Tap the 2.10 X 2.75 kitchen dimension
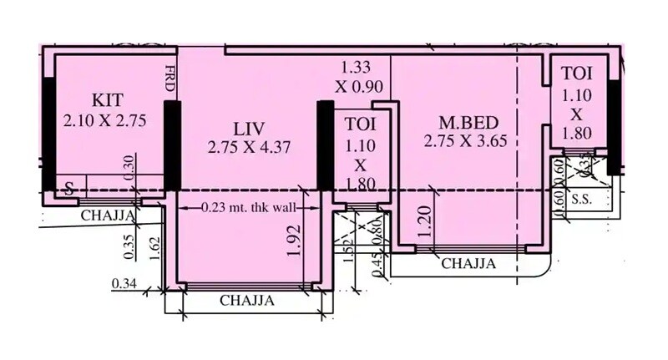pyautogui.click(x=104, y=120)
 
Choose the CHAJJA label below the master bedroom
pyautogui.click(x=468, y=263)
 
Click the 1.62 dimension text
pyautogui.click(x=154, y=248)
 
